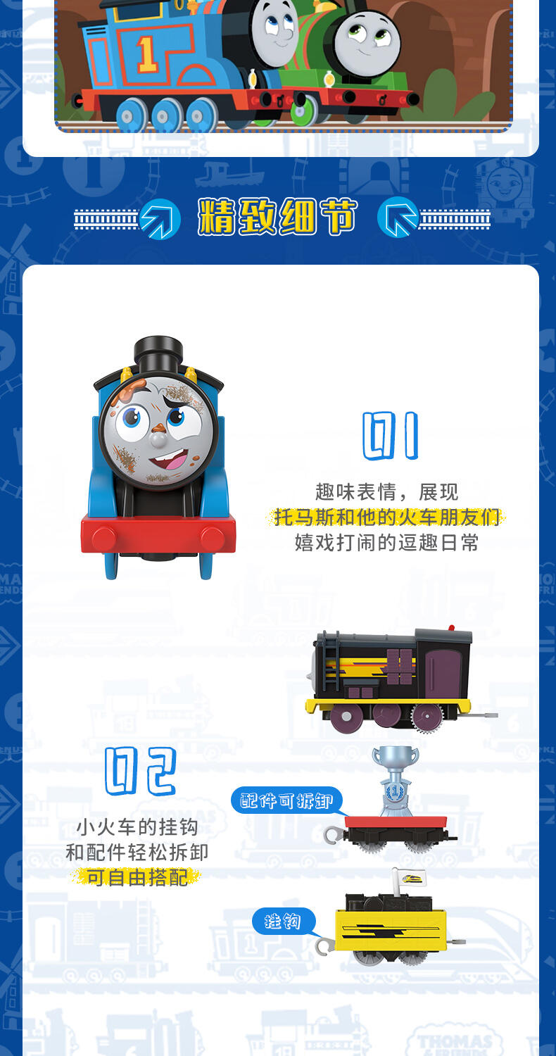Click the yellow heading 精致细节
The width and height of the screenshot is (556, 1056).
277,217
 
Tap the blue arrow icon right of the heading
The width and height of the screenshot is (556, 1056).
398,217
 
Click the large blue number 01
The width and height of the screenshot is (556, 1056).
390,436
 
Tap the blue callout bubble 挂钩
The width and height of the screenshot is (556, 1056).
283,921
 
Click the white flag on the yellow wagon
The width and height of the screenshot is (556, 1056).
411,879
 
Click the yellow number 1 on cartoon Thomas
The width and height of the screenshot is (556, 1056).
146,54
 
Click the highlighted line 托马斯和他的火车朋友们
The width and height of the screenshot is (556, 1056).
386,517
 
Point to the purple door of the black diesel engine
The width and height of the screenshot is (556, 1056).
443,673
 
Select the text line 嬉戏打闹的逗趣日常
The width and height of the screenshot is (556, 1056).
386,543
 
